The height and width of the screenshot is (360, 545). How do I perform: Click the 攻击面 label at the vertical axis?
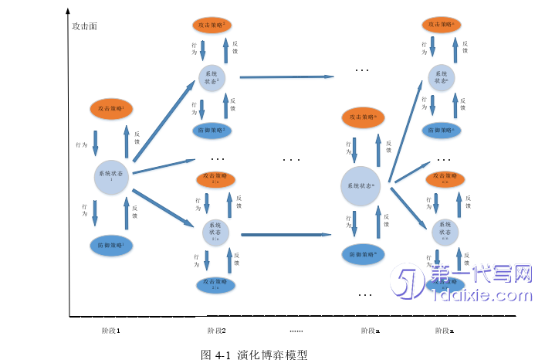84,26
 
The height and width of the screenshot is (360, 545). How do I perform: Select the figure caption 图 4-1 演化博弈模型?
254,355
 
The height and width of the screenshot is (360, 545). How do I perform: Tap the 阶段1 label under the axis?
110,331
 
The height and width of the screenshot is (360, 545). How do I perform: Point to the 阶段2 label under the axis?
217,331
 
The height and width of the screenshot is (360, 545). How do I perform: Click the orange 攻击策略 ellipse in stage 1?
112,109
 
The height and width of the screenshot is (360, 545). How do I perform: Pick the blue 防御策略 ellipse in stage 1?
112,246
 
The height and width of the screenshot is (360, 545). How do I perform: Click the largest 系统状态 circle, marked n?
362,186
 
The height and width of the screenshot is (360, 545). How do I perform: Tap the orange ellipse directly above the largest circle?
362,117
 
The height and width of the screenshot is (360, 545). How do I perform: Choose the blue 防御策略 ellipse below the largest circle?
362,253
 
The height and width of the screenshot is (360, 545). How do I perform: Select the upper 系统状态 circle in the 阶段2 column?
212,80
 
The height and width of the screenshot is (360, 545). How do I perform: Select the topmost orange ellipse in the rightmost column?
442,25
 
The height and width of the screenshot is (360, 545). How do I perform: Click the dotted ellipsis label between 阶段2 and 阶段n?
296,331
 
